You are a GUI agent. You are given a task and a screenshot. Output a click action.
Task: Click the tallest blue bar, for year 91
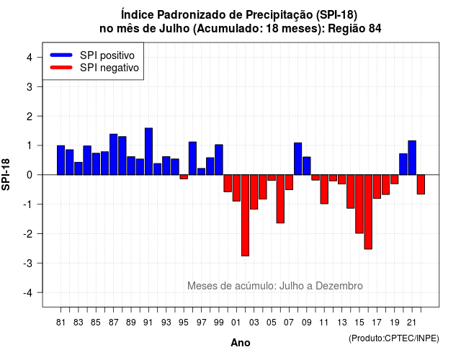click(148, 151)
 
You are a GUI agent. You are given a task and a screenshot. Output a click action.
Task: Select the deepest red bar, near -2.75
click(245, 215)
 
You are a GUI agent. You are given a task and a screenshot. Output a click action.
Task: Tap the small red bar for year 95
click(184, 176)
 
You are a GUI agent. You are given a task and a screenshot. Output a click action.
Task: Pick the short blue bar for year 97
click(202, 171)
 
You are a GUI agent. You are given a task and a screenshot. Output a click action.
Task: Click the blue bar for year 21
click(412, 158)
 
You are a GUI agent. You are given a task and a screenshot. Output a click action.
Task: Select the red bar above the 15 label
click(359, 204)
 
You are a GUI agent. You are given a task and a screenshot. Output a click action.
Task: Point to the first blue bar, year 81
click(61, 160)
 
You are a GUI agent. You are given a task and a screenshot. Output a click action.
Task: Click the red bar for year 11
click(324, 189)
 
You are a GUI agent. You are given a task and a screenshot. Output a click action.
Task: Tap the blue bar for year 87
click(114, 154)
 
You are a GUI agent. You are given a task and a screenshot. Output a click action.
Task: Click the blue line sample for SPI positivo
click(61, 55)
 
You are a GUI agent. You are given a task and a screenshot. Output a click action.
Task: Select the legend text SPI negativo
click(109, 68)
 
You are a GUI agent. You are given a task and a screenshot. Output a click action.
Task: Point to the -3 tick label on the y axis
click(28, 263)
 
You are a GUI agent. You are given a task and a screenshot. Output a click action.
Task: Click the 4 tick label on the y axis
click(30, 58)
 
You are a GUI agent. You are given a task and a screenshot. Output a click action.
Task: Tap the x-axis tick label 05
click(271, 323)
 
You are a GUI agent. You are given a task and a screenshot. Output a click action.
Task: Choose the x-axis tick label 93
click(166, 323)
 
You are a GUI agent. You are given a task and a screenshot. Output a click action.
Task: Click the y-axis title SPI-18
click(6, 174)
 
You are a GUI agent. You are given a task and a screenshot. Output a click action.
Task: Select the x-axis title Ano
click(241, 343)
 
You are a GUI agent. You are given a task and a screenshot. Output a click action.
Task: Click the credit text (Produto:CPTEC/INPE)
click(394, 338)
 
